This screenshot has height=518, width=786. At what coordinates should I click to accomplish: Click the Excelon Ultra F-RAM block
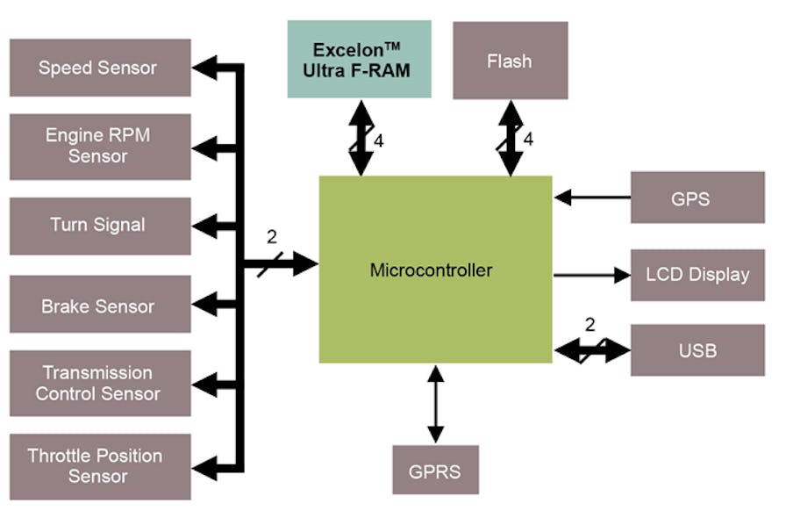(360, 60)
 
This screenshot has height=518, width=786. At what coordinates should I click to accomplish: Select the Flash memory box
(510, 61)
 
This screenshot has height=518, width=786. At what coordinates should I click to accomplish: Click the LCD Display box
(697, 275)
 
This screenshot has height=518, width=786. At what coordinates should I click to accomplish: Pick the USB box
(697, 350)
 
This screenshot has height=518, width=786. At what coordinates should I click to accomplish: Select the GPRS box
(435, 470)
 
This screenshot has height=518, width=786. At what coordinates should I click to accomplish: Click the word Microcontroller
(431, 270)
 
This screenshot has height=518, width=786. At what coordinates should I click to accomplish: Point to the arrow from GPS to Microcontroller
(592, 198)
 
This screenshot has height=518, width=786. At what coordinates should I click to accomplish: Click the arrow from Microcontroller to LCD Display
(592, 275)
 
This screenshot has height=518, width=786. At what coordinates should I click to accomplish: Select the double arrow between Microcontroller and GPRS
(435, 405)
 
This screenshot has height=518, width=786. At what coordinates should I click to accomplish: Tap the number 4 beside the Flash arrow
(528, 140)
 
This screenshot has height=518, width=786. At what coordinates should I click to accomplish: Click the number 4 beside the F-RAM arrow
(379, 140)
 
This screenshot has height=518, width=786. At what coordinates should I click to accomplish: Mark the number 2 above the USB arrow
(589, 325)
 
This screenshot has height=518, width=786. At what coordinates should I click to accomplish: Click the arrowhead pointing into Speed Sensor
(205, 68)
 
